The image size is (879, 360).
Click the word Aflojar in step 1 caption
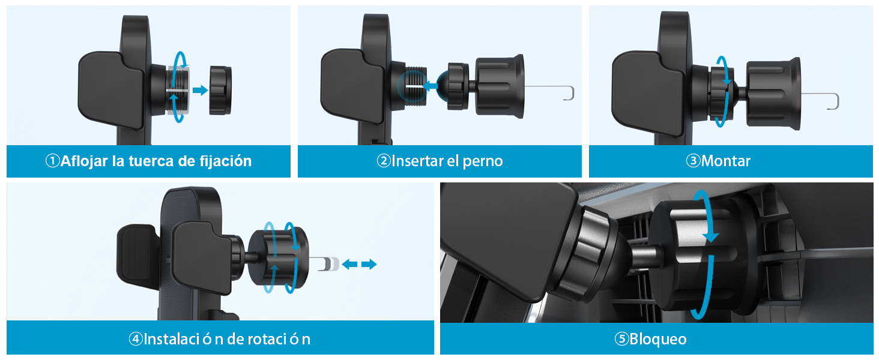coord(85,161)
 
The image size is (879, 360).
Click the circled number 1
coord(53,161)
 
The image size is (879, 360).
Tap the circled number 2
coord(384,161)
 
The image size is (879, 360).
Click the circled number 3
coord(693,161)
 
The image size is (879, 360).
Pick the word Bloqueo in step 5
coord(657,339)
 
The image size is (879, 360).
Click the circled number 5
coord(622,339)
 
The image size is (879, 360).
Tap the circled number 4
coord(136,339)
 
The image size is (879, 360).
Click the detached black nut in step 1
coord(220,90)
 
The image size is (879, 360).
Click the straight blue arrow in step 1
coord(200,90)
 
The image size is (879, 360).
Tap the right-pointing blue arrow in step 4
coord(369,265)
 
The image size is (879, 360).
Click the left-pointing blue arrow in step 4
coord(349,265)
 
